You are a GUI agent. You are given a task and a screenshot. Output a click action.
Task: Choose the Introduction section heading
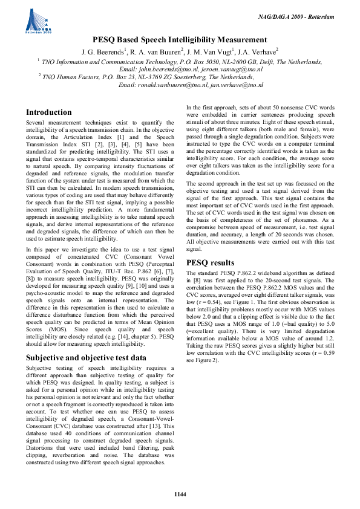(49, 112)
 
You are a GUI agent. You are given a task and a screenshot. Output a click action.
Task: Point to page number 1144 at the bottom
(180, 494)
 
